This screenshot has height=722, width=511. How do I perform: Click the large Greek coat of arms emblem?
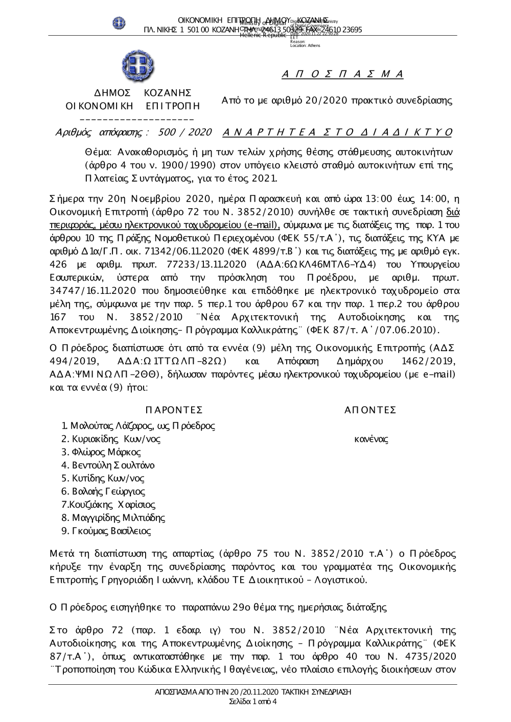[138, 66]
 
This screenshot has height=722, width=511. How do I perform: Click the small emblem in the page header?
[119, 23]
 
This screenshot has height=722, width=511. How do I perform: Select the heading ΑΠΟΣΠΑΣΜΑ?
[342, 74]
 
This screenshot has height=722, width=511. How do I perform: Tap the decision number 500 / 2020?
[185, 133]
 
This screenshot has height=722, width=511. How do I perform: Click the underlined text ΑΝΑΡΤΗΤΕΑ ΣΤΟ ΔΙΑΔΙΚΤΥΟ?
[338, 133]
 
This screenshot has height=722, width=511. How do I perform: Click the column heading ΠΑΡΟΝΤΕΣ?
[174, 410]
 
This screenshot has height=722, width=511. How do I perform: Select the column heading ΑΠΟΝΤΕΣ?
[370, 410]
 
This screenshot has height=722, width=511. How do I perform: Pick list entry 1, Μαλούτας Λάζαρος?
[138, 426]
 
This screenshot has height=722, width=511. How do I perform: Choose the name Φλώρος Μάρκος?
[101, 452]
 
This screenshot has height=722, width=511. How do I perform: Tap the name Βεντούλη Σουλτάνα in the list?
[108, 465]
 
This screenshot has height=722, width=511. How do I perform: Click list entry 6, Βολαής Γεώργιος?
[103, 492]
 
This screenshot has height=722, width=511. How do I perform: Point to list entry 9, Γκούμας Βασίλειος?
[106, 531]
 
